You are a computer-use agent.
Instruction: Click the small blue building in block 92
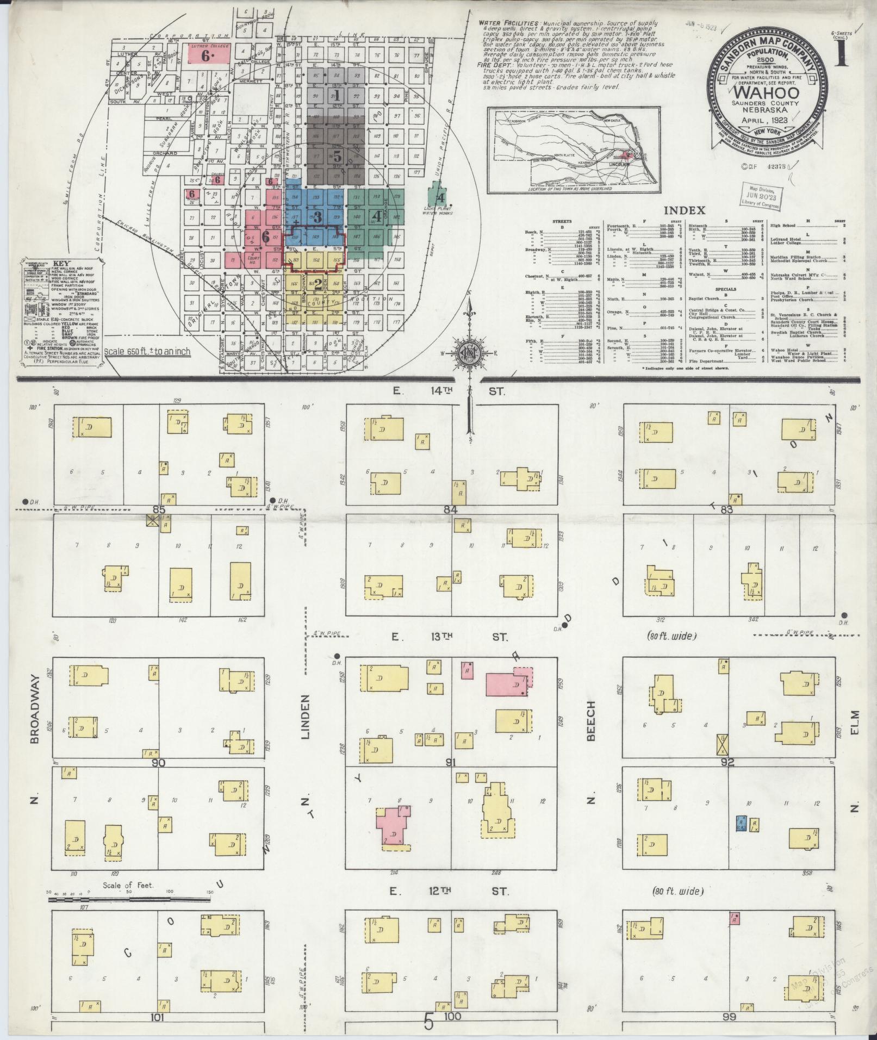coord(740,824)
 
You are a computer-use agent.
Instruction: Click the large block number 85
coord(159,509)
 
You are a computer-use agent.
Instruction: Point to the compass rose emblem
coord(468,353)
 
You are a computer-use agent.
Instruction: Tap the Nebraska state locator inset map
coord(573,149)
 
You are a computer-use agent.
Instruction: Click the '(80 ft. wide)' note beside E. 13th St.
coord(672,635)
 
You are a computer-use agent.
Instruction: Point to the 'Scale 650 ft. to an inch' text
coord(147,351)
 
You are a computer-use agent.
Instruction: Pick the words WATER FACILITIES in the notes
coord(508,24)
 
